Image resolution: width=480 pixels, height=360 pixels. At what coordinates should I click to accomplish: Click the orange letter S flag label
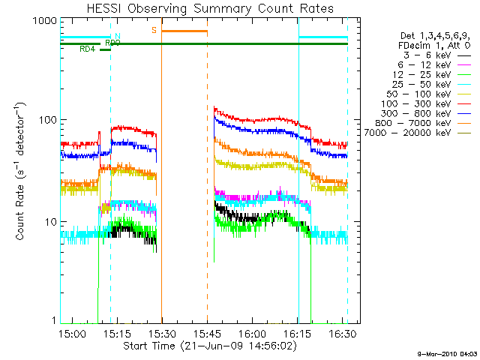pos(154,30)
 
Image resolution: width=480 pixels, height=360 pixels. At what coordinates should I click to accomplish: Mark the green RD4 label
pos(88,49)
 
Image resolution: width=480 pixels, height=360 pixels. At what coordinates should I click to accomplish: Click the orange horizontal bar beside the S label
pos(184,31)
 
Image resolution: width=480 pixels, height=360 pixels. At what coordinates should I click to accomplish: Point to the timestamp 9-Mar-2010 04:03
pos(447,353)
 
